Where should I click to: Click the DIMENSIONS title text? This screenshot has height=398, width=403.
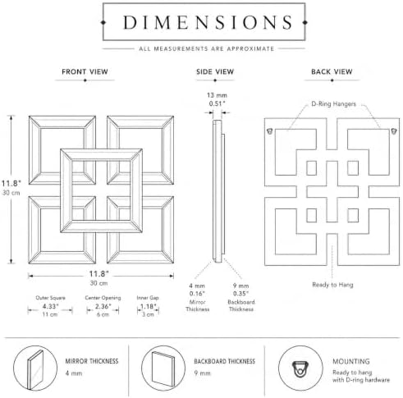tap(208, 22)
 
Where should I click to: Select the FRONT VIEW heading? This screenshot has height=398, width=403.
tap(85, 71)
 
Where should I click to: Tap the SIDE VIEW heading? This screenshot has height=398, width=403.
tap(215, 71)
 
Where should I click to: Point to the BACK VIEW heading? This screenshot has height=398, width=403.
tap(332, 71)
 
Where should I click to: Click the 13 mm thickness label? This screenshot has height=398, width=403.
tap(217, 95)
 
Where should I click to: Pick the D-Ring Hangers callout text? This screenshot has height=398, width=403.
tap(334, 104)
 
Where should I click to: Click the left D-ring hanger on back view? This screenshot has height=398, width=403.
tap(270, 131)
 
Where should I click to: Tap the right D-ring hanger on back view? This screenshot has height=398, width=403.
tap(394, 131)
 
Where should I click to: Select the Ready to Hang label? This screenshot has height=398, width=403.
tap(332, 285)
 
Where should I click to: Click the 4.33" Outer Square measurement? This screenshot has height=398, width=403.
tap(50, 306)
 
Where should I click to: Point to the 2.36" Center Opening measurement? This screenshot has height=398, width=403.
tap(103, 306)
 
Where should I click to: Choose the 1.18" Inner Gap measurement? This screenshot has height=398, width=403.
tap(148, 306)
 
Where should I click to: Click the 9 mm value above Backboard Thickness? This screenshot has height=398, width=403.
tap(240, 286)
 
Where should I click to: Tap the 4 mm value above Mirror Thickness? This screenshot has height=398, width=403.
tap(197, 286)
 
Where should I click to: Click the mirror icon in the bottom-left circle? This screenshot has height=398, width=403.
tap(35, 370)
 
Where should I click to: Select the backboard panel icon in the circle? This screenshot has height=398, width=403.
tap(163, 369)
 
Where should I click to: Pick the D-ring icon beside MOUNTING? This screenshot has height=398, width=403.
tap(300, 369)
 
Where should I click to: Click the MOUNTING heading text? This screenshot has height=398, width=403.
tap(351, 361)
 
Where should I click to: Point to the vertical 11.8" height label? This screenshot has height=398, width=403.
tap(11, 183)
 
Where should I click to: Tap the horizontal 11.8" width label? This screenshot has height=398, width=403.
tap(99, 274)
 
